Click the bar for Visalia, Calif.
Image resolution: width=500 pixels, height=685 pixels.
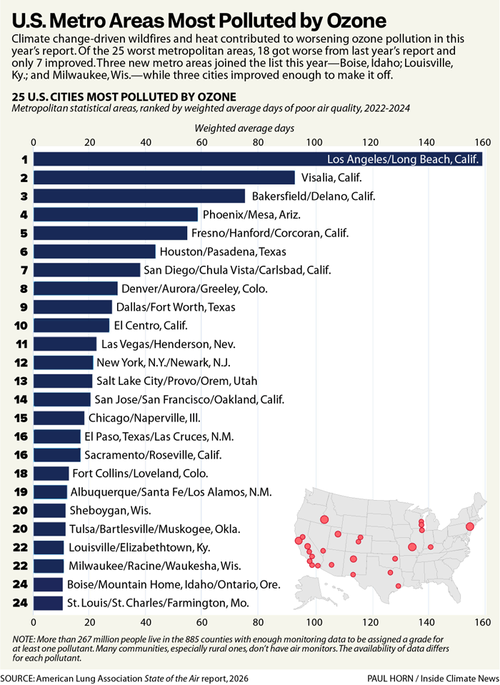[x=164, y=178]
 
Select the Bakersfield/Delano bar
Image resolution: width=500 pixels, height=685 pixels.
[x=139, y=196]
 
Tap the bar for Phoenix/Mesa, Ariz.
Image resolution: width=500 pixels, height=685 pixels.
[x=115, y=214]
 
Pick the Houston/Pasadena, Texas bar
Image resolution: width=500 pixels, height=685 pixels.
[x=94, y=251]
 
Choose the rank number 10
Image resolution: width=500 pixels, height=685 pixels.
[x=21, y=326]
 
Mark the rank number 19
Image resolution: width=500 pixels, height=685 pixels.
[x=21, y=492]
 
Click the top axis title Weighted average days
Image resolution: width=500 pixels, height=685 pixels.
[x=245, y=128]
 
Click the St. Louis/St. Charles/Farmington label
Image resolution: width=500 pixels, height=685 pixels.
[x=158, y=604]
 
